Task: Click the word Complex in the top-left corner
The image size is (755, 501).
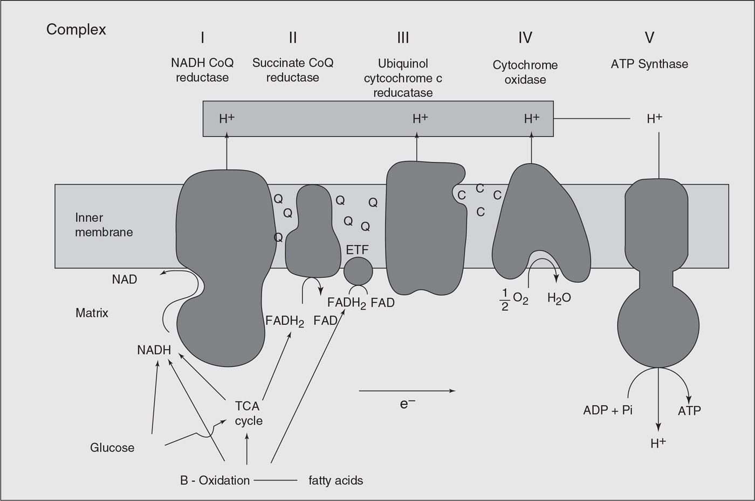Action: coord(76,29)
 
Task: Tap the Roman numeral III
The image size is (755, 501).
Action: coord(403,37)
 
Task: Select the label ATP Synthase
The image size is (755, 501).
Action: coord(649,64)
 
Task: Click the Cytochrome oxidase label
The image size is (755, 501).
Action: coord(525,72)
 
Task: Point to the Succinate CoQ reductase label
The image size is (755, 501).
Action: coord(293,70)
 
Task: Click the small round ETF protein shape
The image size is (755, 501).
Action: coord(358,271)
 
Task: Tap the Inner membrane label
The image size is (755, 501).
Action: coord(104,225)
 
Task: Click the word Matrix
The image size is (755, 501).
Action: coord(92,313)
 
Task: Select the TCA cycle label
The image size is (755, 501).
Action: coord(248,413)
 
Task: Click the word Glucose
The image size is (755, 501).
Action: coord(112,448)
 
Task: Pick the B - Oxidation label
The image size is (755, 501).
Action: coord(215,480)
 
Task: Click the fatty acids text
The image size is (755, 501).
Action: coord(335,480)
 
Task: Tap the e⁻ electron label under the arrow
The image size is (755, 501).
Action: coord(407,403)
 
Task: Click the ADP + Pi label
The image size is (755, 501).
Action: coord(608,410)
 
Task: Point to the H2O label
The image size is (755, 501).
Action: coord(559,298)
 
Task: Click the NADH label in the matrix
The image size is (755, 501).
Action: coord(154,350)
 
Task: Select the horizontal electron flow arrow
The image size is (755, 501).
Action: coord(407,391)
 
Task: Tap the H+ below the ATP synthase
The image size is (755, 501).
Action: coord(658,443)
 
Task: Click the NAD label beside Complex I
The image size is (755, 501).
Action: coord(125,280)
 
